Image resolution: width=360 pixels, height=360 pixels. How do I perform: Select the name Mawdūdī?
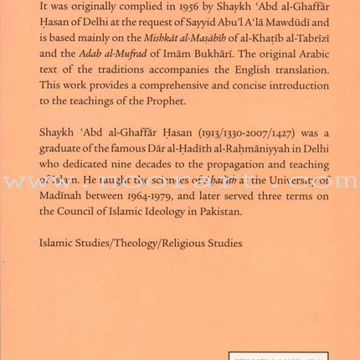click(307, 26)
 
